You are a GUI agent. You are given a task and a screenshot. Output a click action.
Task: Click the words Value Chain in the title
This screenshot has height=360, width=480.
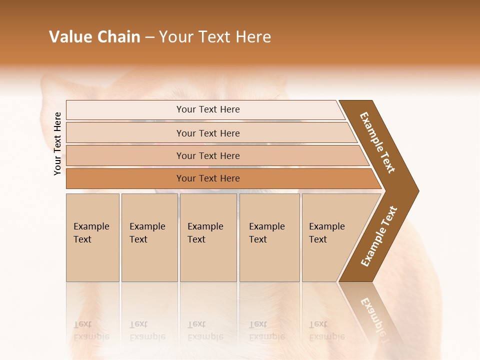point(94,37)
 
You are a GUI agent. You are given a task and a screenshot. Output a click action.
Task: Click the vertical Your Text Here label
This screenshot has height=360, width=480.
point(57,143)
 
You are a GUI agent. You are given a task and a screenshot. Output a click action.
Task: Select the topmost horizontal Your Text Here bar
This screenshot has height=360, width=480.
point(207,109)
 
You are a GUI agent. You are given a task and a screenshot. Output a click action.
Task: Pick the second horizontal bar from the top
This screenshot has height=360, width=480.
point(207,133)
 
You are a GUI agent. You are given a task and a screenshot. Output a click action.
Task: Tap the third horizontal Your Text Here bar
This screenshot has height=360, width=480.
point(207,155)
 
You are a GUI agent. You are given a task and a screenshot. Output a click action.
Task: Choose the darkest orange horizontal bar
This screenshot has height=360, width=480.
point(207,178)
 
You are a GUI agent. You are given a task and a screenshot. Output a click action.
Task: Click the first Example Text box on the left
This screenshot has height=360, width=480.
point(92,237)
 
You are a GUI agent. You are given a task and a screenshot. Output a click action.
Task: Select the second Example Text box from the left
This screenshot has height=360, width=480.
point(149,237)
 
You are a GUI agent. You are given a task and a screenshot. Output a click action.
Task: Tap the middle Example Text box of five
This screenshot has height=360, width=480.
point(207,237)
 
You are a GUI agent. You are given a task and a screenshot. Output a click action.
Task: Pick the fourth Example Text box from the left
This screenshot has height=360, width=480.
point(269,237)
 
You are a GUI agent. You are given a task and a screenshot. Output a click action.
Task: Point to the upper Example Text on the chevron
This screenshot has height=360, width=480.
point(377,142)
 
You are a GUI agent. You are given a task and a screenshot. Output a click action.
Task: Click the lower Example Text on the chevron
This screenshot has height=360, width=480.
point(379,236)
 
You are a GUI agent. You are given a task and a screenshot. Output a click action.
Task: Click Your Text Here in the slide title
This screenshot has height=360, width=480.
point(215,37)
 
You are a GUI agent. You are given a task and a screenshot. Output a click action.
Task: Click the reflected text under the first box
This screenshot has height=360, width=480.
point(91,330)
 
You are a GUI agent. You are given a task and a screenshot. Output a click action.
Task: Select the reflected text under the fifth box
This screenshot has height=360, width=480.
point(326,330)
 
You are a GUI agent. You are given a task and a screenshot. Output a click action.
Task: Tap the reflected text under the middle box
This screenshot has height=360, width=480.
point(205,330)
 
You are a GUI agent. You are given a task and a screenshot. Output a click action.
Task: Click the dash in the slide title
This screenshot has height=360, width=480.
point(149,37)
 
